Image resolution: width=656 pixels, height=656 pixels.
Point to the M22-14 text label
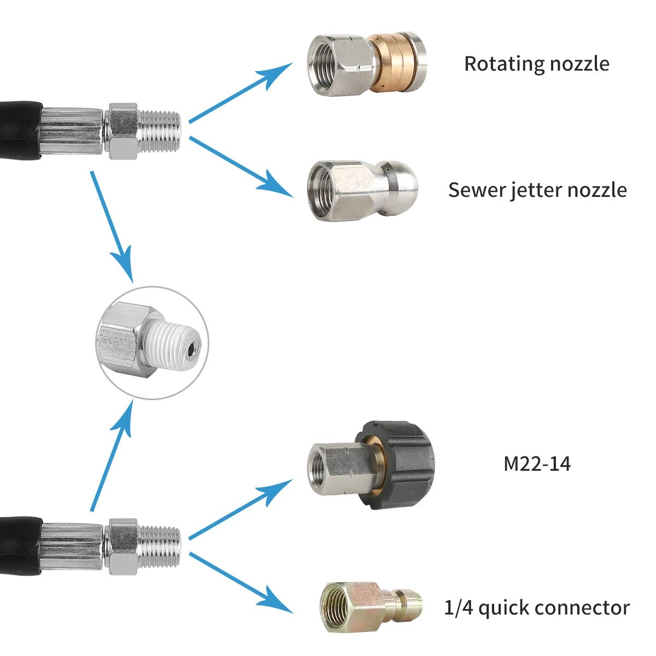[537, 464]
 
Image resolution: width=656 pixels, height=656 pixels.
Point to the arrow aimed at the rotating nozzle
[241, 93]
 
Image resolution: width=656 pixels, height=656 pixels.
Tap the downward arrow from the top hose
[112, 224]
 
